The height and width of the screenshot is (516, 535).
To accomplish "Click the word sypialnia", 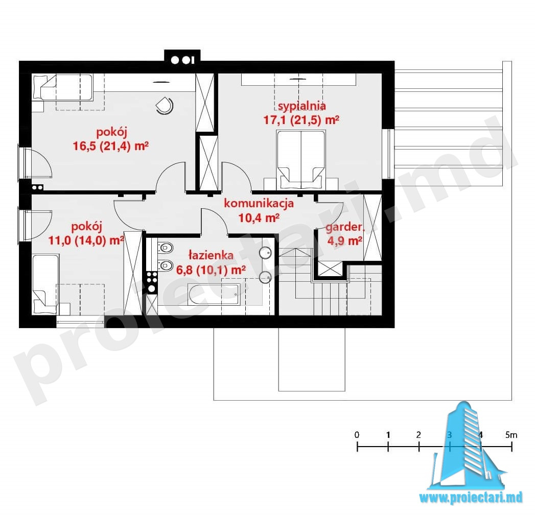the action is [301, 106].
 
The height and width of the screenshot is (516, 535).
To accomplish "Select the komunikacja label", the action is [259, 204].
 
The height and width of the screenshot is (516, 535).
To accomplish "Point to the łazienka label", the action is [211, 255].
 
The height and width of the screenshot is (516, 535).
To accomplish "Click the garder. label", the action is [344, 227].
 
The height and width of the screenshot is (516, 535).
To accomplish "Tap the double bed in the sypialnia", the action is [301, 159].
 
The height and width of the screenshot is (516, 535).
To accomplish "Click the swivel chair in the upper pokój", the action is [165, 105].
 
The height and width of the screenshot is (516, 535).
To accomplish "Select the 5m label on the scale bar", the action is [511, 435].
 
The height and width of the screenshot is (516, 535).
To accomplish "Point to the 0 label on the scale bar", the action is [357, 435].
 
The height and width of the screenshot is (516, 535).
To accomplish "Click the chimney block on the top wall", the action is [182, 57].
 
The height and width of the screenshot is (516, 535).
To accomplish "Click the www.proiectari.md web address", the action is [471, 498].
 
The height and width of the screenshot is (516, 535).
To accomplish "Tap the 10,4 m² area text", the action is [259, 217].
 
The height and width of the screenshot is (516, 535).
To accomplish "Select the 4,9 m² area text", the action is [344, 241].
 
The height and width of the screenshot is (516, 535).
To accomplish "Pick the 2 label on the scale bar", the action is [418, 435].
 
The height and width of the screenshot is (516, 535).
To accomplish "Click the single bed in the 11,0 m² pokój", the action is [45, 285].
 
